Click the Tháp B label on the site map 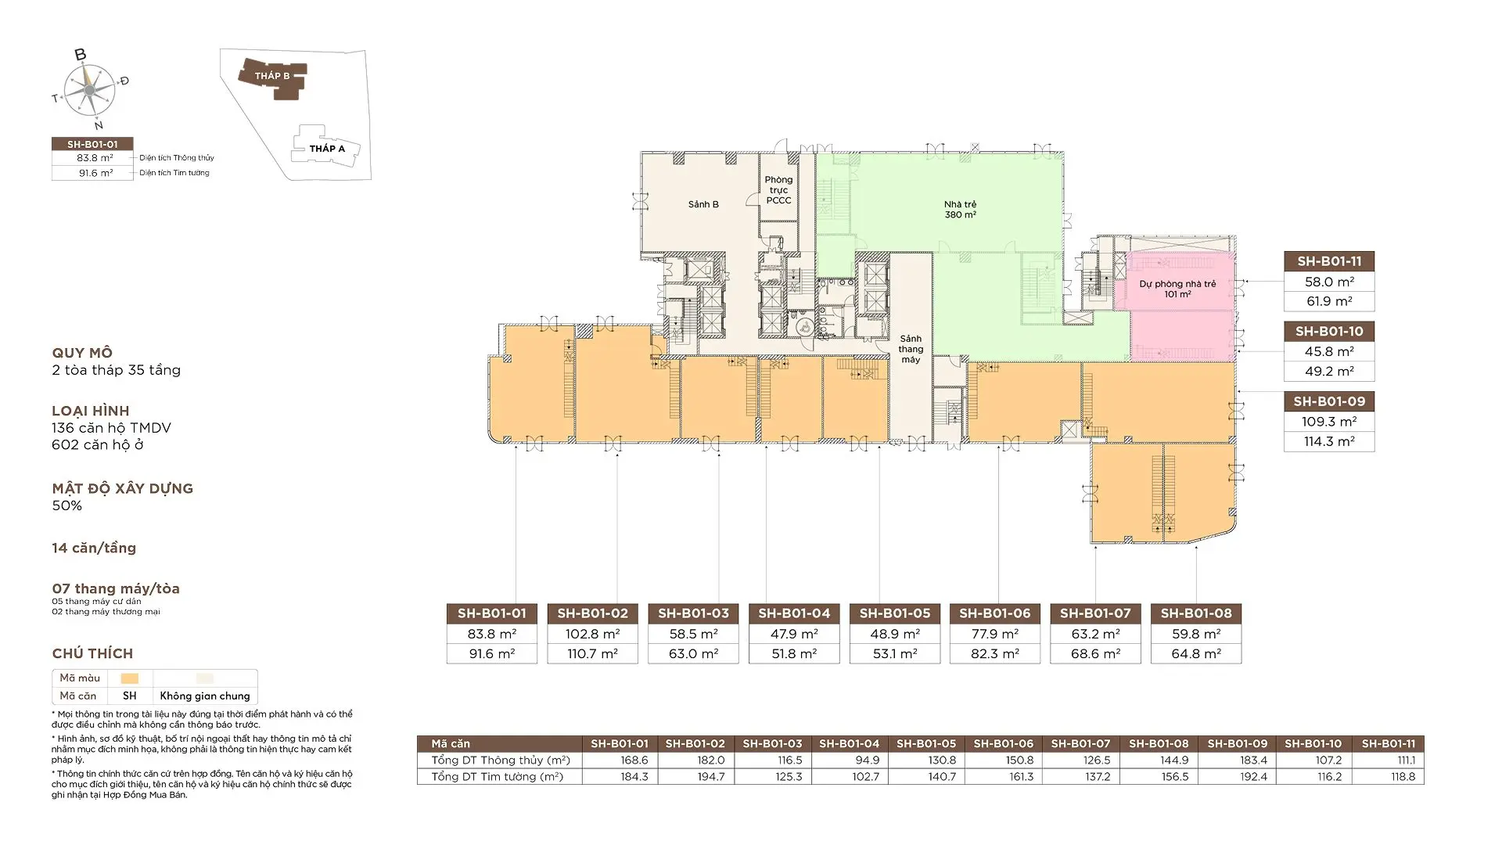click(272, 76)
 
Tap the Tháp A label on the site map click(327, 149)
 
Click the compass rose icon click(90, 90)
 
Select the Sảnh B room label click(703, 204)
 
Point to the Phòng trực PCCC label click(778, 190)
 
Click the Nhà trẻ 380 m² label click(960, 210)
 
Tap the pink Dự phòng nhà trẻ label click(1177, 289)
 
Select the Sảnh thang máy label click(911, 349)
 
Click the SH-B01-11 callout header click(1329, 261)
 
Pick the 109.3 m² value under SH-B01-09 click(1329, 422)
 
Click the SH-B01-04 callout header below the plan click(794, 613)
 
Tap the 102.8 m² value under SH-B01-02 click(593, 634)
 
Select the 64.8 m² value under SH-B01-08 click(1196, 654)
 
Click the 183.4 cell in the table click(1252, 760)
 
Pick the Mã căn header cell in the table click(451, 744)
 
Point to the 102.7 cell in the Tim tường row click(864, 777)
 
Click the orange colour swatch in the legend click(130, 678)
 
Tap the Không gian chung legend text click(205, 696)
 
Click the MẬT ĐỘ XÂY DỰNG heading click(123, 488)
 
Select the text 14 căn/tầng click(94, 548)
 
